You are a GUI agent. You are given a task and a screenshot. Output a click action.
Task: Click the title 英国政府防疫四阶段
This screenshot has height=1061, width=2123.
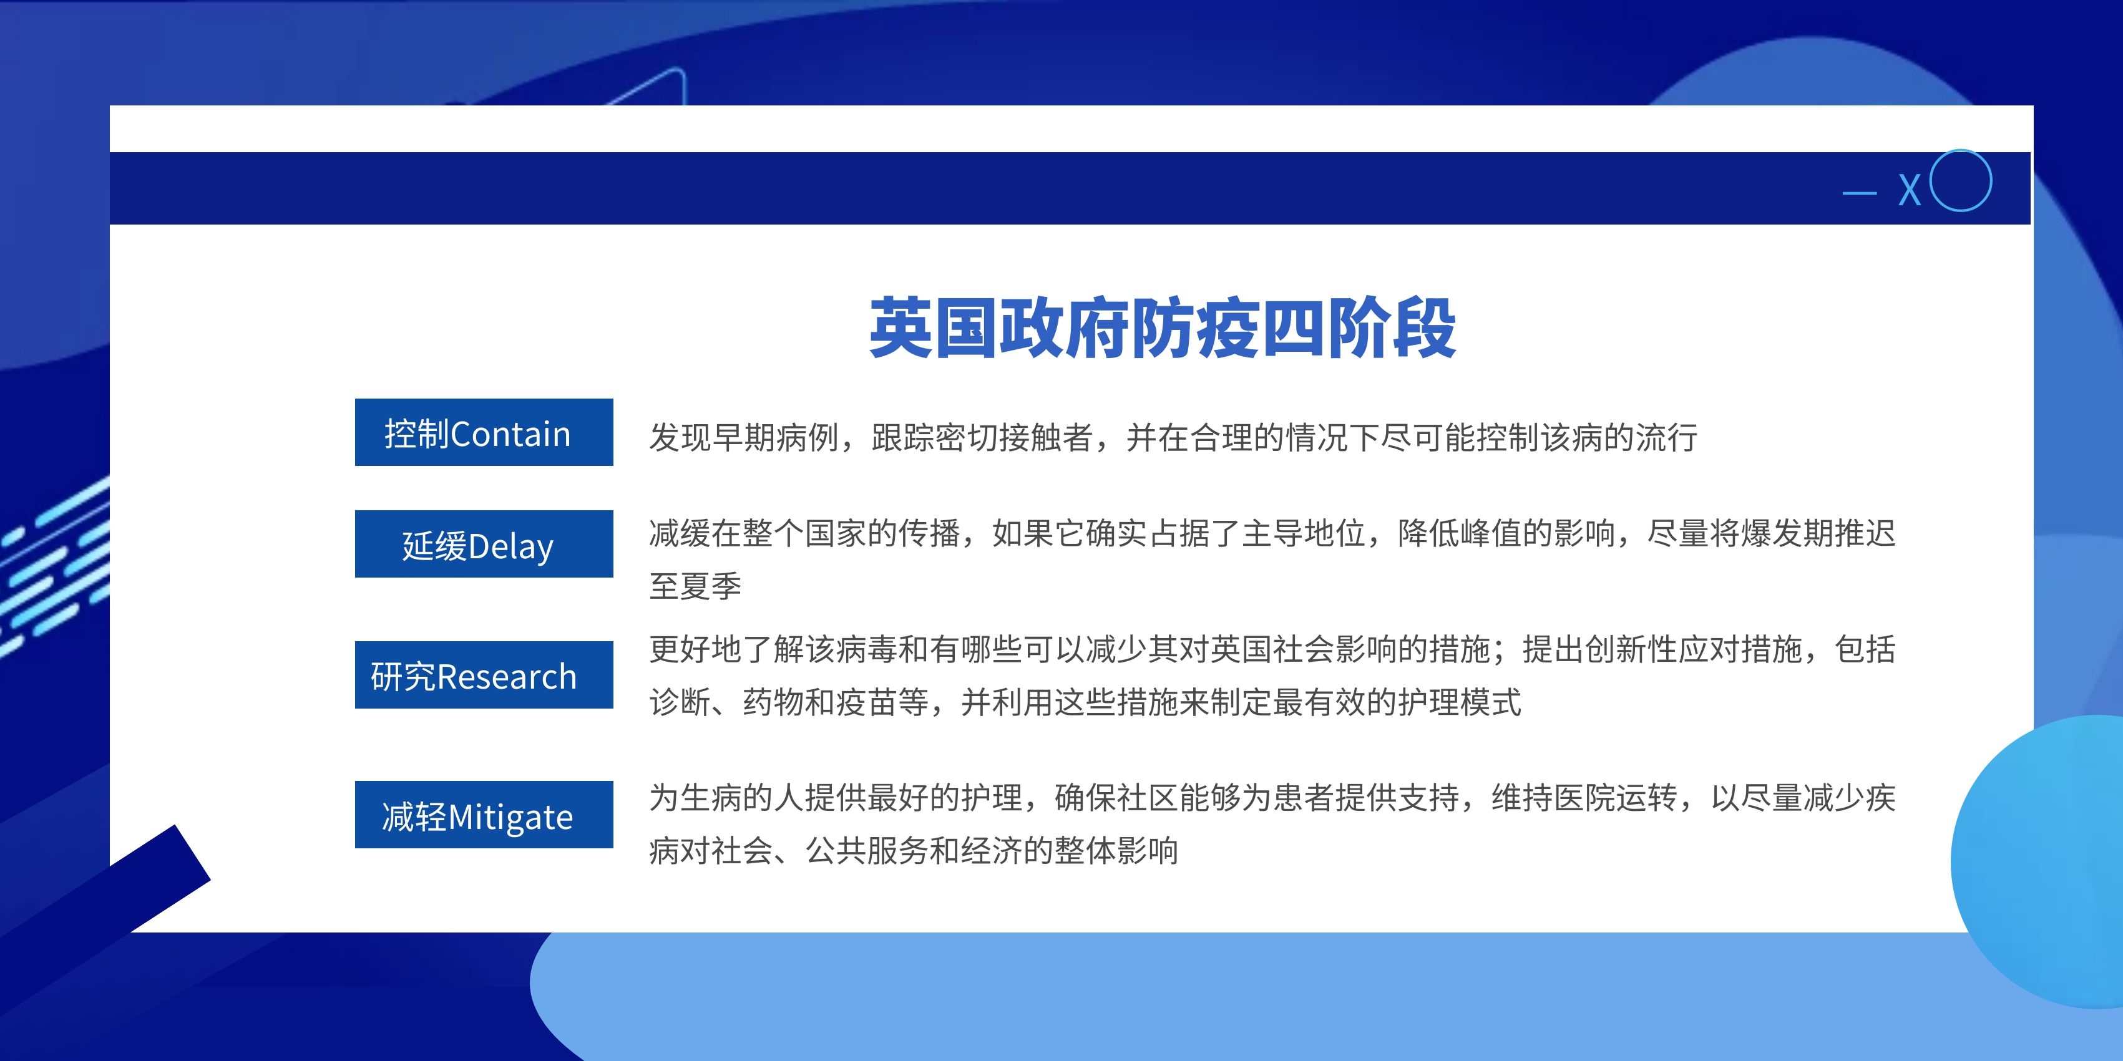tap(1162, 328)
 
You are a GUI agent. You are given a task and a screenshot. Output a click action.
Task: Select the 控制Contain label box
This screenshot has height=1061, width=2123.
tap(484, 432)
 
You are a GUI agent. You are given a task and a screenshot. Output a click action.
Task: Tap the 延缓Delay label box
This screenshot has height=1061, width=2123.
tap(484, 544)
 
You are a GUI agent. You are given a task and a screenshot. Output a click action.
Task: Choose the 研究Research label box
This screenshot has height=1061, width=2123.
tap(484, 675)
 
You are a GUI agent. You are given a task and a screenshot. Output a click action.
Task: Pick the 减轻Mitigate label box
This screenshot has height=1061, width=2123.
tap(484, 815)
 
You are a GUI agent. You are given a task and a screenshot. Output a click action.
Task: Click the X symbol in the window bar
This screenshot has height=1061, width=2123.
tap(1910, 190)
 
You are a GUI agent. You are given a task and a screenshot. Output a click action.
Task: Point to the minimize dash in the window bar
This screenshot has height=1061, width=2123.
tap(1859, 193)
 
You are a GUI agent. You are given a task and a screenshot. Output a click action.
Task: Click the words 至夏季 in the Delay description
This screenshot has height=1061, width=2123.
tap(695, 586)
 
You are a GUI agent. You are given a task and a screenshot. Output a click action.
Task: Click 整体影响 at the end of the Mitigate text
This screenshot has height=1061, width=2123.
tap(1116, 851)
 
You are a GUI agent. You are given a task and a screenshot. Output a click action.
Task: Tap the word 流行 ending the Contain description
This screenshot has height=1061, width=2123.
tap(1666, 437)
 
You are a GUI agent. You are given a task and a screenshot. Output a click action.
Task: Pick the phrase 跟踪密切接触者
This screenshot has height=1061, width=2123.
tap(982, 437)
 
